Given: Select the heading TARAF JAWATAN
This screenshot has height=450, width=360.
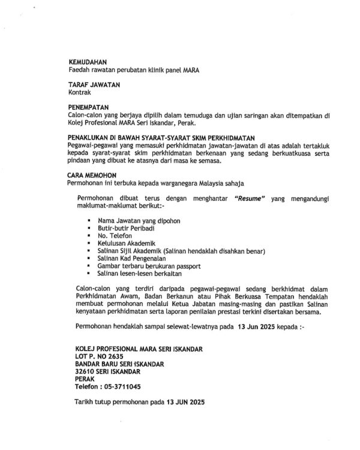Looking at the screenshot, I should (94, 85).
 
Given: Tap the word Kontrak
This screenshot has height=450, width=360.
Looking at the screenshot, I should (81, 93).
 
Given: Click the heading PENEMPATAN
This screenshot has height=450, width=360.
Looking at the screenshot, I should (92, 108).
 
